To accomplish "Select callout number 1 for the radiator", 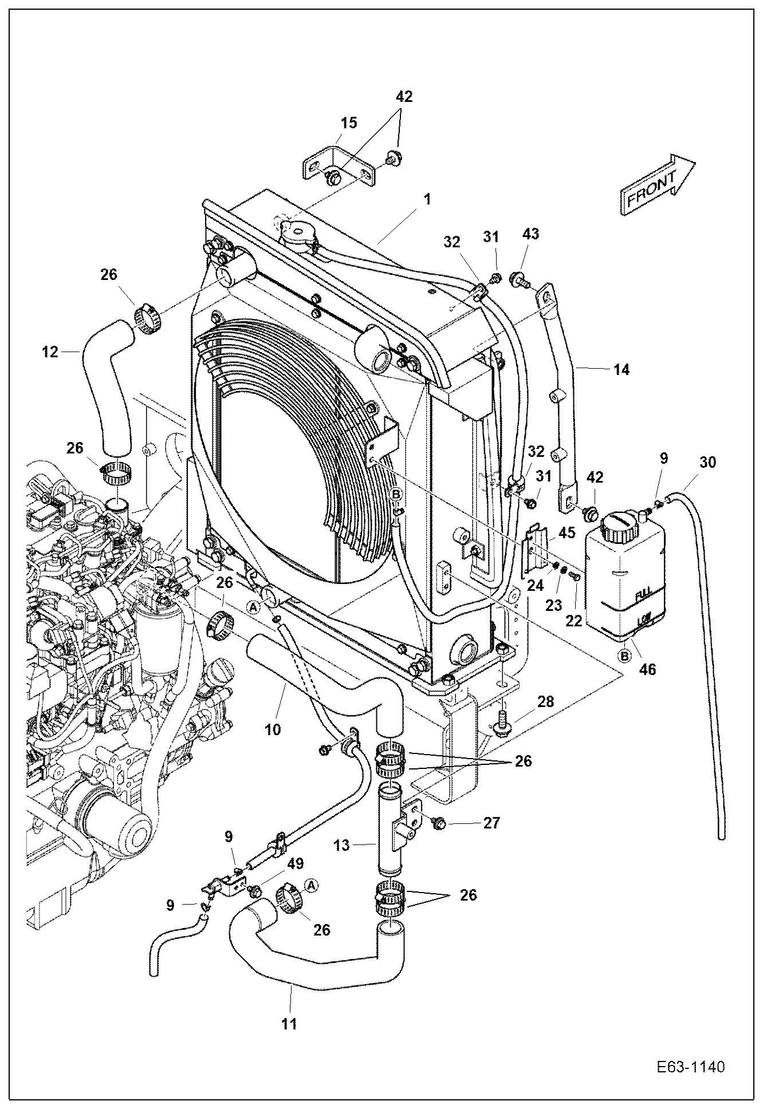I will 427,200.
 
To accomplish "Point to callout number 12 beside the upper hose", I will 51,352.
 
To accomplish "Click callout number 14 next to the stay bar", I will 621,370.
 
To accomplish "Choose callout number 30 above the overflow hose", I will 708,461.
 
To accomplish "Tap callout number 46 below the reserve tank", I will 648,668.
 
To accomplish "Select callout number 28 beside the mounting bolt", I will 545,701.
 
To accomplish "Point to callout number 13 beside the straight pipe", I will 342,845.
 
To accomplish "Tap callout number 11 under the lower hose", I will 290,1023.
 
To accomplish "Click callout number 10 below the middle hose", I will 273,729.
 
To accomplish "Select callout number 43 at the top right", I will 530,234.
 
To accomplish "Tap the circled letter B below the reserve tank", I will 625,654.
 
